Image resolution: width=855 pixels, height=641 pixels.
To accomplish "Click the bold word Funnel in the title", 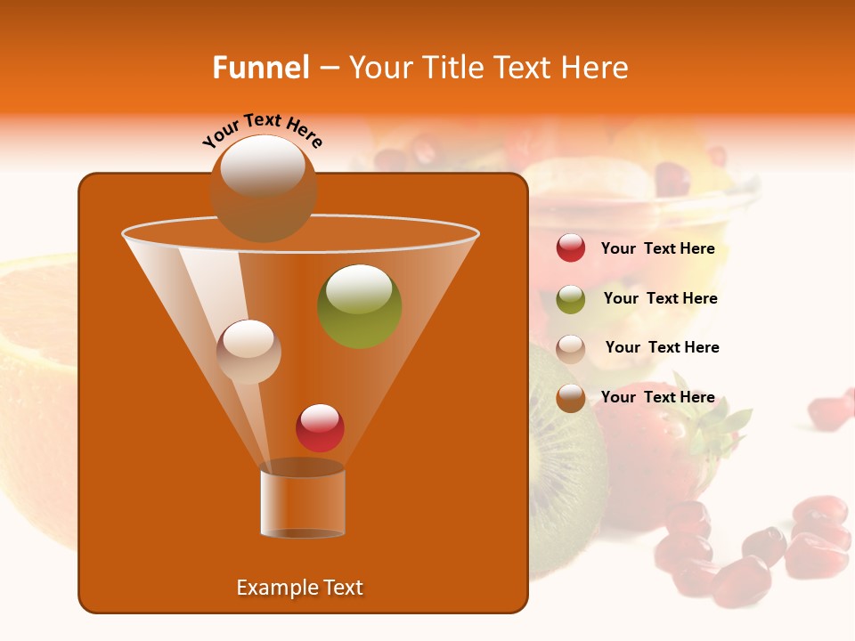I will (x=260, y=68).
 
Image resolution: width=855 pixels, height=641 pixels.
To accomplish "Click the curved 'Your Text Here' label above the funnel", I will (x=263, y=130).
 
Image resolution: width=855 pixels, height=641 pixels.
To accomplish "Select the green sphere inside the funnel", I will (x=359, y=305).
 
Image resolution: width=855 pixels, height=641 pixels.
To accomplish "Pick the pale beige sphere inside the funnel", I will (x=248, y=352).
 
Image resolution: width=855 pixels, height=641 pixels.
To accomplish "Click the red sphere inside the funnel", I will (x=320, y=427).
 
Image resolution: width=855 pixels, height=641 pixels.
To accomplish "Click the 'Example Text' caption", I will (x=300, y=588).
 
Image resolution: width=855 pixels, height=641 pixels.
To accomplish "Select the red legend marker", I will (x=571, y=248).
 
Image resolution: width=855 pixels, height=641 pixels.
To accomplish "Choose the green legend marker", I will (x=571, y=299).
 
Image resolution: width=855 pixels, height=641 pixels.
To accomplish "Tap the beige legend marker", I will (x=571, y=348).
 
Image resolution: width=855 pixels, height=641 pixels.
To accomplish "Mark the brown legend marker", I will (x=571, y=398).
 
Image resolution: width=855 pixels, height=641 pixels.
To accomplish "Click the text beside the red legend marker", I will (x=657, y=249).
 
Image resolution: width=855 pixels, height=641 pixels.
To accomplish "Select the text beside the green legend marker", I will (x=660, y=299).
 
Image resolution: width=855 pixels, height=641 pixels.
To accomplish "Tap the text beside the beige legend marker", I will (x=662, y=348).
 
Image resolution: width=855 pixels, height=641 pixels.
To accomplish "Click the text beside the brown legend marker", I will (x=657, y=398).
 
